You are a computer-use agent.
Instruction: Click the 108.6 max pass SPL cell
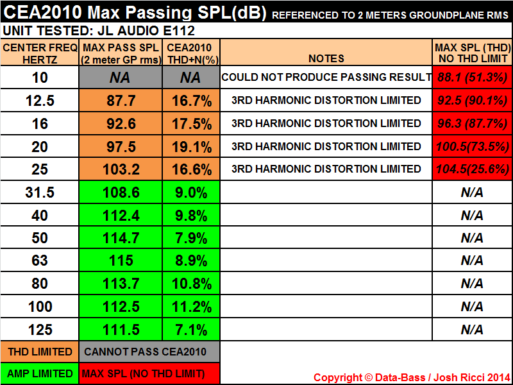point(121,192)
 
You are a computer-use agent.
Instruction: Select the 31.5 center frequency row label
point(40,192)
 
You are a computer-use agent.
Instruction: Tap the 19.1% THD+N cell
point(191,146)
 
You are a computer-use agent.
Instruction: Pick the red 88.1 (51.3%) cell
point(472,78)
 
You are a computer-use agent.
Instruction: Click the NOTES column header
point(326,58)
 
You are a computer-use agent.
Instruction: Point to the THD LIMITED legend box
point(40,352)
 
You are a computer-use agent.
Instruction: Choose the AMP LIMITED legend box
point(40,373)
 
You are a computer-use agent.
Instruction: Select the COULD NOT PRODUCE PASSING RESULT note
point(326,78)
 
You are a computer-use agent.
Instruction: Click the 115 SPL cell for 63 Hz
point(121,261)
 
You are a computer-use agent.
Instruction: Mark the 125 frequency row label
point(40,330)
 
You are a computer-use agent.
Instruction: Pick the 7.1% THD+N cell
point(191,330)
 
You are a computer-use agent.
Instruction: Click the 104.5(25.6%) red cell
point(472,169)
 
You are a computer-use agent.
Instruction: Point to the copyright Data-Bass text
point(412,377)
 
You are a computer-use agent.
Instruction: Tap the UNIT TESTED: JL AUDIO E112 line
point(99,30)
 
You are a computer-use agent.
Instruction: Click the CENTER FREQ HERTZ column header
point(40,53)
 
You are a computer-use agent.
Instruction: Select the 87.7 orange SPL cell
point(121,101)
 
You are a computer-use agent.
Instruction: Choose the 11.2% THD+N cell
point(191,307)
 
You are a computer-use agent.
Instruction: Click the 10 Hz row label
point(40,78)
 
